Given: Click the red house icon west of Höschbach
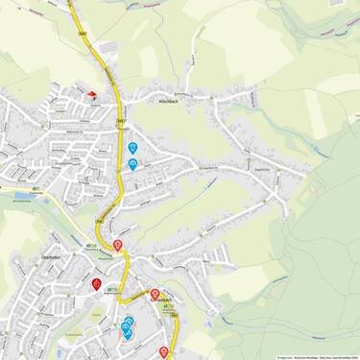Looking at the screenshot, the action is click(92, 95).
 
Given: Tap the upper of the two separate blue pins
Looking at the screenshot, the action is click(132, 148).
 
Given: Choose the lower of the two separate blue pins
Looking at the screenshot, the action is click(132, 163).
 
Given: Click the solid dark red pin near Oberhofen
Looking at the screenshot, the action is click(97, 282).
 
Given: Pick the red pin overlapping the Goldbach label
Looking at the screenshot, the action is click(155, 294).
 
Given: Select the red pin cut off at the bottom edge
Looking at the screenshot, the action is click(164, 351).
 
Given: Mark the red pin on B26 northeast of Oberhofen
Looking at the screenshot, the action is click(118, 245).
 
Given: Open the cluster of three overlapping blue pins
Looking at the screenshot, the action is click(127, 327).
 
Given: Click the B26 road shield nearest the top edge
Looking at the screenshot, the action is click(82, 36).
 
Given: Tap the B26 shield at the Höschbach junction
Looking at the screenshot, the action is click(119, 121).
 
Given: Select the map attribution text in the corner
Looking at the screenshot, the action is click(317, 356).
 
